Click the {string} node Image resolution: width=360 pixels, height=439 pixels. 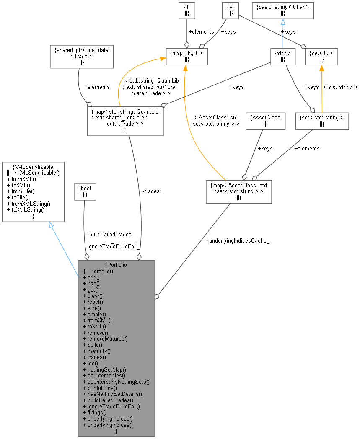(x=283, y=57)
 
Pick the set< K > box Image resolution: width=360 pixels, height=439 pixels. (x=321, y=57)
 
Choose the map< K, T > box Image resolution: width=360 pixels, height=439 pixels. (x=187, y=57)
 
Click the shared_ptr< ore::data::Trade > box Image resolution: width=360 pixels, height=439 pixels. (x=82, y=57)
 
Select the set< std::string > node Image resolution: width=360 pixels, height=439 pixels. (x=321, y=121)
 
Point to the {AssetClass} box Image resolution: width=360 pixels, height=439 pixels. (x=265, y=121)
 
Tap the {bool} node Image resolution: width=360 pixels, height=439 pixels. (x=85, y=191)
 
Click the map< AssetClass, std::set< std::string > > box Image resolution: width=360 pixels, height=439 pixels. (x=238, y=191)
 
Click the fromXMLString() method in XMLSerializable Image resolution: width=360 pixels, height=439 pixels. (x=28, y=204)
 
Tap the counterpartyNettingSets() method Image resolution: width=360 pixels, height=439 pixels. (x=116, y=382)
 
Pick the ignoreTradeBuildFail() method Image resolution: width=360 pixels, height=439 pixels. (x=111, y=406)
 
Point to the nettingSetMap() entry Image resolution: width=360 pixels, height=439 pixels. (x=104, y=369)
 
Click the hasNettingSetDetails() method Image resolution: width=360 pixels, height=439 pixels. (x=112, y=394)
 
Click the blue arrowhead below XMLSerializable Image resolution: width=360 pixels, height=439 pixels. (x=51, y=225)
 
